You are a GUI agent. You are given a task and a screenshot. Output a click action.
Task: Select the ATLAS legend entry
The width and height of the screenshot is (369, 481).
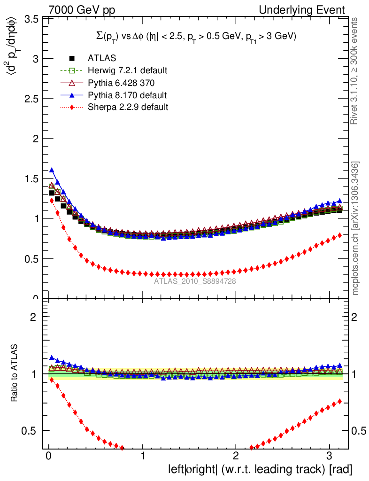point(102,58)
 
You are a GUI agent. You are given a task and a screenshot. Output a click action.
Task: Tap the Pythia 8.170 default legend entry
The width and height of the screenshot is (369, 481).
point(127,95)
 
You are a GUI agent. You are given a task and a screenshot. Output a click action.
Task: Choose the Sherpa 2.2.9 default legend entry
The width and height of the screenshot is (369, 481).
point(128,107)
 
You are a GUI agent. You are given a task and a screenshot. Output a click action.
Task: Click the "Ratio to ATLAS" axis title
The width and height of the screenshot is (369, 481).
point(15,374)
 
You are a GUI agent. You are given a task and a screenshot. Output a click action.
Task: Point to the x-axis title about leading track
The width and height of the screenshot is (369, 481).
point(260,469)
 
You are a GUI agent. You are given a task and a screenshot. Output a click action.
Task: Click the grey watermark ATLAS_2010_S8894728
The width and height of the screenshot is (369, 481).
point(195,281)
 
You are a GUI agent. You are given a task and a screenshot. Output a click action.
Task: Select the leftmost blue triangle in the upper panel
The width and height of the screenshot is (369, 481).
point(52,170)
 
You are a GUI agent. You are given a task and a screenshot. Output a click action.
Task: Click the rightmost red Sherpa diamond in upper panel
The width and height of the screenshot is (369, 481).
point(340,235)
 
